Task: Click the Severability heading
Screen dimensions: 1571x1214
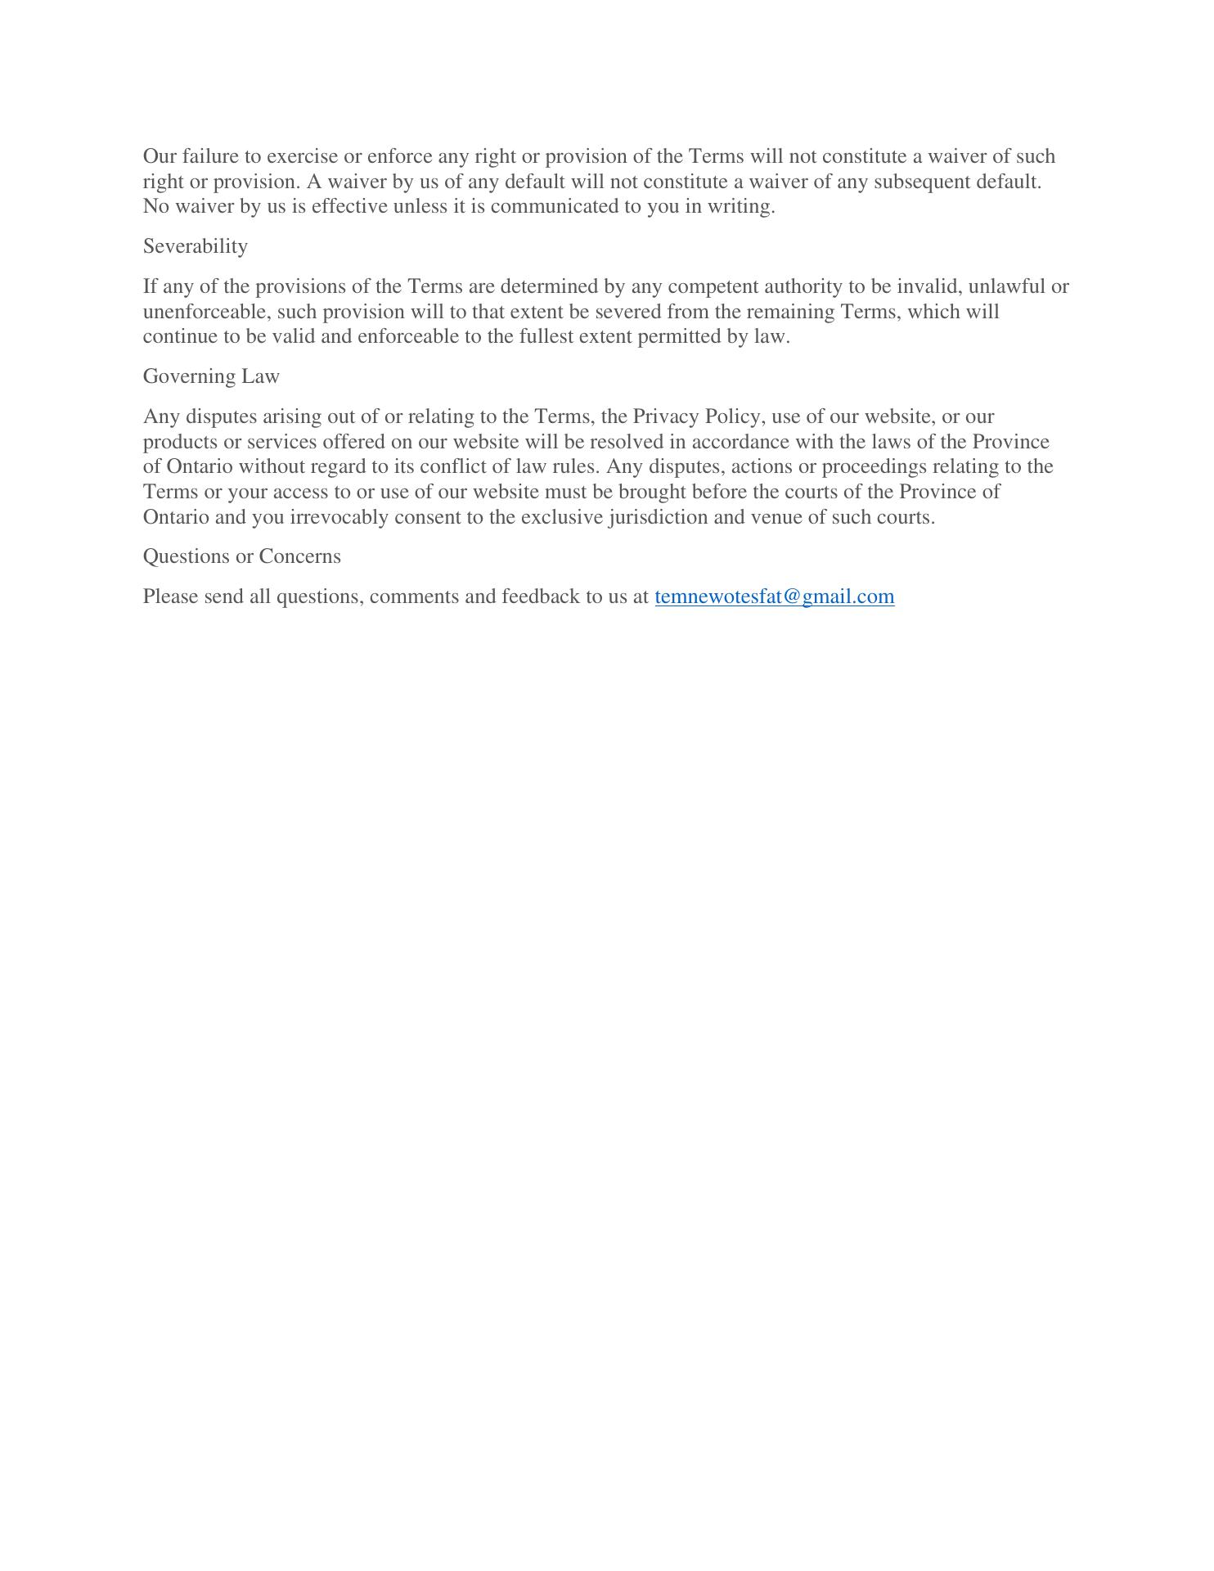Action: pyautogui.click(x=195, y=246)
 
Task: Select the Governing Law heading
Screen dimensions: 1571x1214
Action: pyautogui.click(x=211, y=376)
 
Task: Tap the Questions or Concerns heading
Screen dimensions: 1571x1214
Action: pyautogui.click(x=241, y=556)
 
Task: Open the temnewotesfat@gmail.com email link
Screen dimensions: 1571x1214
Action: pyautogui.click(x=774, y=596)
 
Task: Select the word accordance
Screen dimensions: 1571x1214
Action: pyautogui.click(x=740, y=442)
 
